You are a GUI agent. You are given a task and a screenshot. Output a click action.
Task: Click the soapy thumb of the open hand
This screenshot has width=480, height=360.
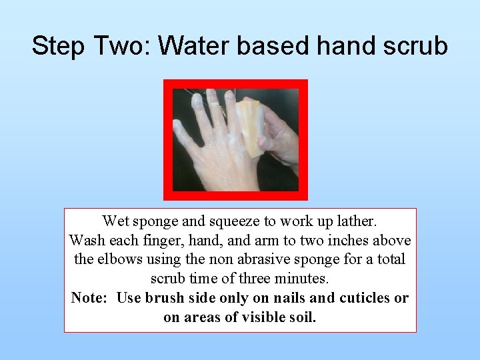(181, 133)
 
